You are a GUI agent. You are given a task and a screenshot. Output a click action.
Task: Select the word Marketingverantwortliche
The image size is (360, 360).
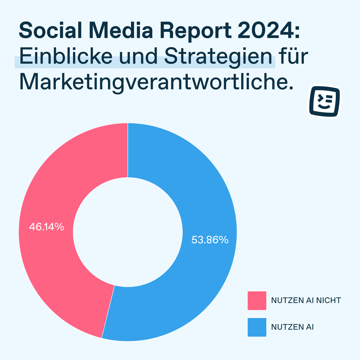[156, 82]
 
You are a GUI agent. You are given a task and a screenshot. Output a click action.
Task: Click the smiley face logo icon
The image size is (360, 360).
[325, 102]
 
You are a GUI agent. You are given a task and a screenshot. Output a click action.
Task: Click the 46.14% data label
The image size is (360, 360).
[46, 227]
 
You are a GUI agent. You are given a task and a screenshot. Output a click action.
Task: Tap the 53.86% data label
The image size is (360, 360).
[210, 240]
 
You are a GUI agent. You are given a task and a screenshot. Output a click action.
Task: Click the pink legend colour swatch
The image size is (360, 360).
[257, 300]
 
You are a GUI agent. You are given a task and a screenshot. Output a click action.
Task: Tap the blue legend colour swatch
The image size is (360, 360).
[257, 327]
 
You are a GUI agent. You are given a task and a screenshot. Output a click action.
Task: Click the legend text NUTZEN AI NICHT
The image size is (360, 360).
[306, 300]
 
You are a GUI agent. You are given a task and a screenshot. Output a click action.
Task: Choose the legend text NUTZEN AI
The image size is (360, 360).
[292, 327]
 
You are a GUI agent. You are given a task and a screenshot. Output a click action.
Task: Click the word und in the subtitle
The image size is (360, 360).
[138, 57]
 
